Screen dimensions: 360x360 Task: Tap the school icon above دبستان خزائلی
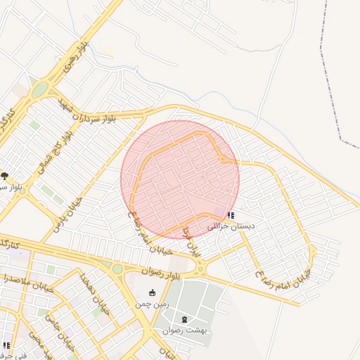click(231, 215)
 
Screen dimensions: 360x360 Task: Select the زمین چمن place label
click(152, 304)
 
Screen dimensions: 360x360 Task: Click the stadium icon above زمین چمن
click(152, 292)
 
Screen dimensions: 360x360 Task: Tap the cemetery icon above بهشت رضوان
click(185, 319)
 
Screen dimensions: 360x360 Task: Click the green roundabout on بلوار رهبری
click(39, 89)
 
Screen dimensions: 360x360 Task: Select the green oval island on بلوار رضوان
click(117, 269)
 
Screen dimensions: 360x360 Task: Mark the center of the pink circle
click(180, 179)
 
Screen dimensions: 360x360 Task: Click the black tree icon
click(5, 176)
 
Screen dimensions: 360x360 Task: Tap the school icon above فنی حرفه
click(6, 346)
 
